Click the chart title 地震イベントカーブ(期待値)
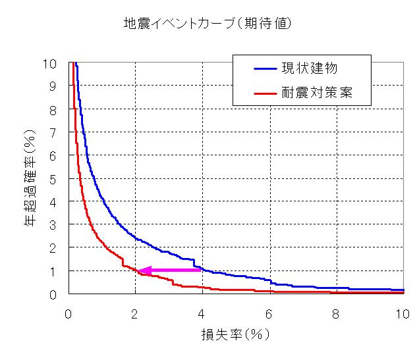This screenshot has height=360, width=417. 208,24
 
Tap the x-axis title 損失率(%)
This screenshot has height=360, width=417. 235,334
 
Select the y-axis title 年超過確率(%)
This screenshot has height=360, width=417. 30,178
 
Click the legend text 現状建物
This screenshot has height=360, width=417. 310,68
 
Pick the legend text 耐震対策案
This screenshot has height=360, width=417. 317,92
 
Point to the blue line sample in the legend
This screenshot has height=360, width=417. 265,69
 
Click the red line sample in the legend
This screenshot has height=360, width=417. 265,93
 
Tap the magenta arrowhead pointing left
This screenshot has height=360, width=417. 144,270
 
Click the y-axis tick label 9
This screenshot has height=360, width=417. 53,87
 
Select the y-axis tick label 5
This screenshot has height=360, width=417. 53,180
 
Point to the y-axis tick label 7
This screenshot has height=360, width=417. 53,133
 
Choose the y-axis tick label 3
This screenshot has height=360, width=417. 53,225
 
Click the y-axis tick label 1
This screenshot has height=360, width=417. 53,272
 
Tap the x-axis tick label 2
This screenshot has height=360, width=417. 134,314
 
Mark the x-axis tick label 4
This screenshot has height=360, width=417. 201,314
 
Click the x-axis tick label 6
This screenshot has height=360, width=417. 269,314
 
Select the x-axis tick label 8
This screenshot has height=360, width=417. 335,314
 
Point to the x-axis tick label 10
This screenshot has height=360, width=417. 403,314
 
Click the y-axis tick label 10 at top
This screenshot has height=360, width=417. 49,64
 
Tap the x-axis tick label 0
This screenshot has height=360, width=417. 68,314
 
